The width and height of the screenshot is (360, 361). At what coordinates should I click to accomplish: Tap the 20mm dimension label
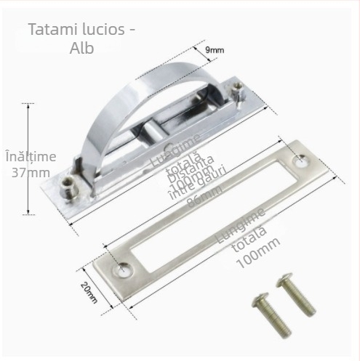coord(89,294)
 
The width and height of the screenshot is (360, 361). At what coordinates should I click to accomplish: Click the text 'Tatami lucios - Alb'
coord(82,39)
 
